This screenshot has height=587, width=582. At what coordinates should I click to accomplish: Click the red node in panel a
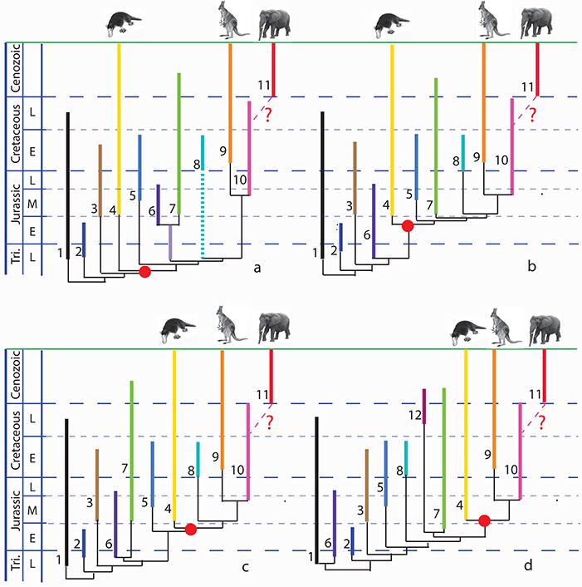[144, 271]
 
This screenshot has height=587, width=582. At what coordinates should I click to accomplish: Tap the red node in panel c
[190, 529]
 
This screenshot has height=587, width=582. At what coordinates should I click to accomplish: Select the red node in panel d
[485, 521]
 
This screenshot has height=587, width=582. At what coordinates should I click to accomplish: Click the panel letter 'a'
[257, 268]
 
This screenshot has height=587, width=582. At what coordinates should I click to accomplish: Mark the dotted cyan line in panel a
[203, 212]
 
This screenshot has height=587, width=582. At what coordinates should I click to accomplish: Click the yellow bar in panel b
[393, 133]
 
